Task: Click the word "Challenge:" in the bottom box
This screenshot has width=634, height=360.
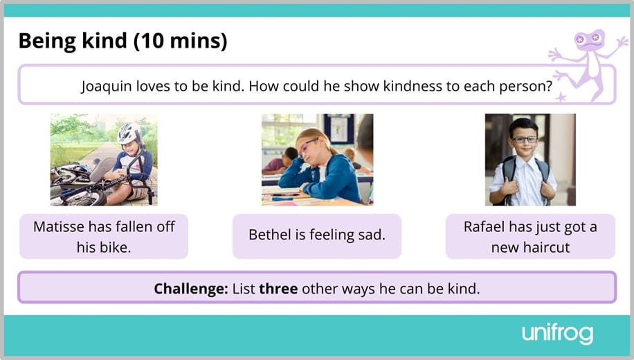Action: coord(190,288)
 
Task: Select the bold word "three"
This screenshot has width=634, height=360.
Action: coord(278,288)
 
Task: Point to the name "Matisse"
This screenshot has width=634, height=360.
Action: coord(63,227)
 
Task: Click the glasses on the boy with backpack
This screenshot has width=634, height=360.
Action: coord(525,139)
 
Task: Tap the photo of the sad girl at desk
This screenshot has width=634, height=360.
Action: coord(317,160)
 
